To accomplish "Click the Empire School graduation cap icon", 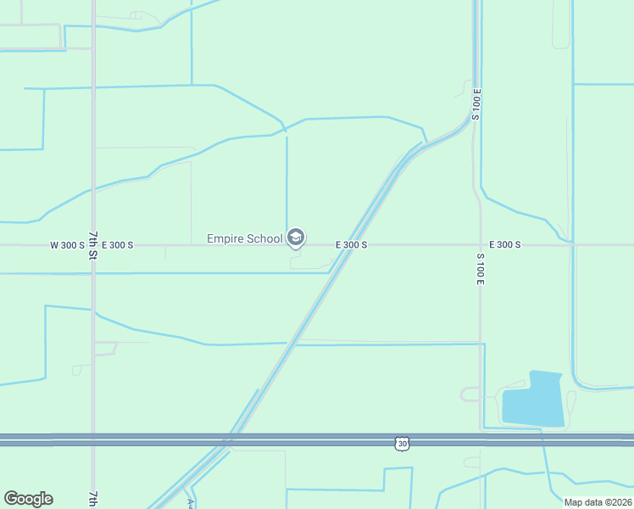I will [x=296, y=238].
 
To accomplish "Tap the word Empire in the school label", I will [x=225, y=239].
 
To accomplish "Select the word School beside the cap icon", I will [x=264, y=239].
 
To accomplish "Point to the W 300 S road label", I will [x=67, y=245].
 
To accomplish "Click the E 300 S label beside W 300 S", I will [x=117, y=245].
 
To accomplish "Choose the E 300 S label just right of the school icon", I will [x=351, y=245].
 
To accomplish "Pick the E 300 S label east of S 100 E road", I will [x=504, y=245].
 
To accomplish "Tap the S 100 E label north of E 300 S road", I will [x=477, y=104].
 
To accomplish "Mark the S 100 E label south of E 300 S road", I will [x=480, y=268].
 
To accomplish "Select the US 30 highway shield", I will [x=402, y=444].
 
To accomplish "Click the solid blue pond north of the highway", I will [x=531, y=400].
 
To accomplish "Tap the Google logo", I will [x=28, y=499].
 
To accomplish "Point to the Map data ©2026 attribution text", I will [x=597, y=502].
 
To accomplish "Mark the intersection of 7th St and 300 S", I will [x=93, y=245].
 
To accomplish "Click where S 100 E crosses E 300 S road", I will [x=481, y=245].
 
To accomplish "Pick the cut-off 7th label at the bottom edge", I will [x=92, y=499].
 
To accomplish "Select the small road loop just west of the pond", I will [x=469, y=394].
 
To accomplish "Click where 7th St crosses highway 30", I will [x=93, y=439].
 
